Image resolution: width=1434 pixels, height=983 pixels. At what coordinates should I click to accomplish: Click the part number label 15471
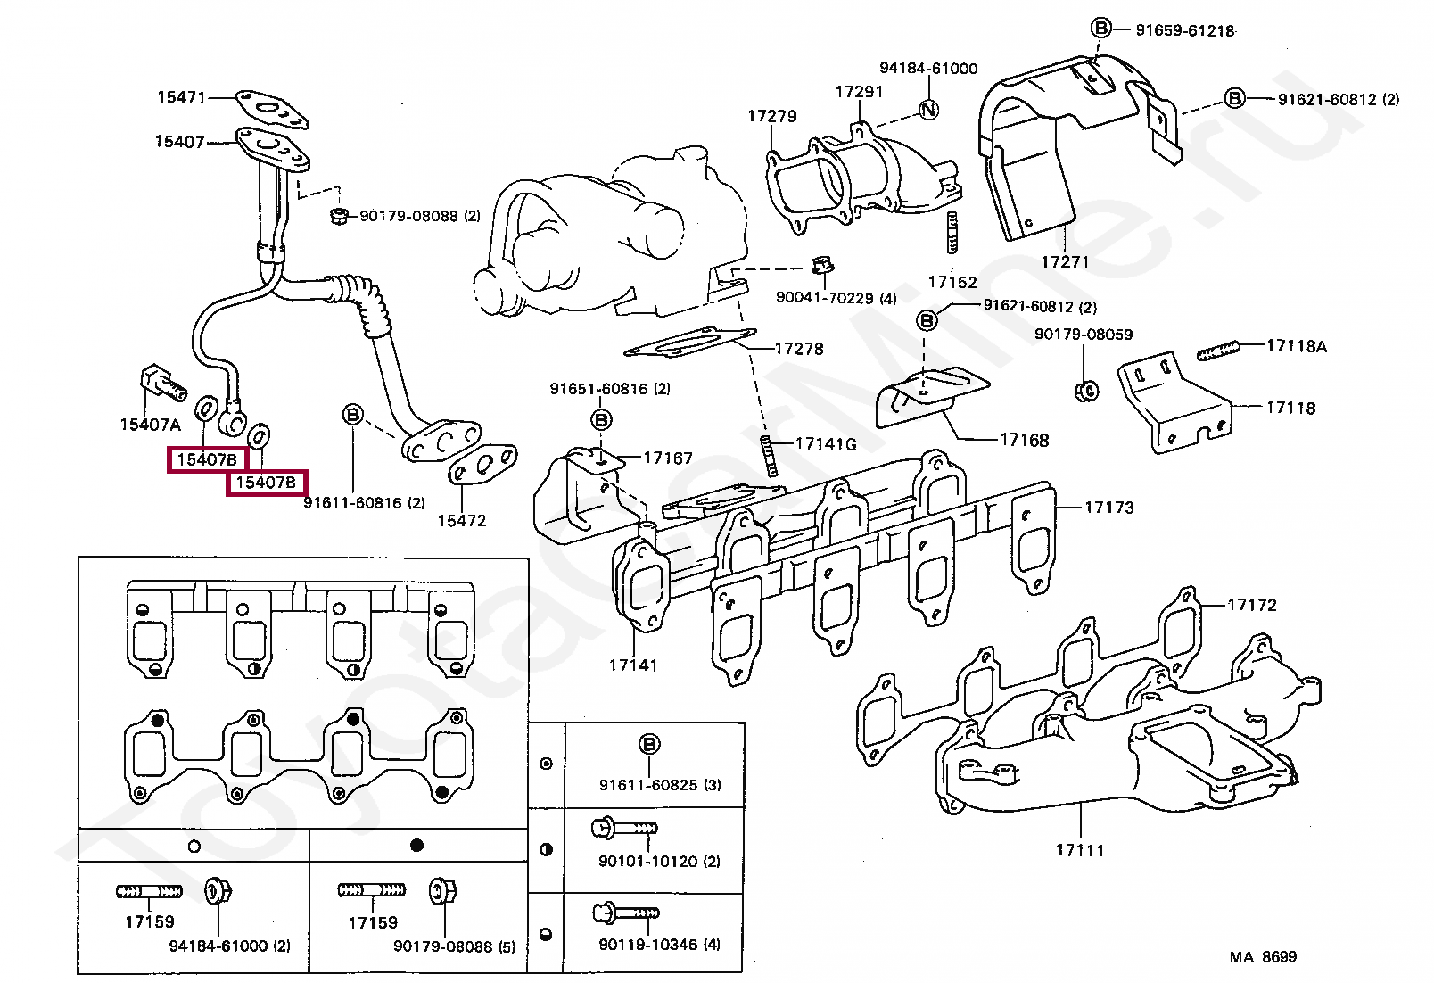click(181, 97)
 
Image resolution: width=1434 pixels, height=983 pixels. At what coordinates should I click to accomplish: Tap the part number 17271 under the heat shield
click(1065, 262)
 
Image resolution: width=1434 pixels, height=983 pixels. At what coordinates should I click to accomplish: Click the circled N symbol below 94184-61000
click(928, 110)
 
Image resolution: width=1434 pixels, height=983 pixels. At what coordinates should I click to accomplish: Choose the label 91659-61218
click(1185, 30)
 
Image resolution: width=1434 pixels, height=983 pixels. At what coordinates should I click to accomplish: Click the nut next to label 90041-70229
click(822, 264)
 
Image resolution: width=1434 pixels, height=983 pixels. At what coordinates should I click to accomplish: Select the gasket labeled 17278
click(690, 343)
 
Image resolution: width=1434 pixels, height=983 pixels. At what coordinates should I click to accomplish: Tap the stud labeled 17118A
click(1218, 351)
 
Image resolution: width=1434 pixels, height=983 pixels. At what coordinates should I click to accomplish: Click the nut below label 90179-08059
click(1085, 391)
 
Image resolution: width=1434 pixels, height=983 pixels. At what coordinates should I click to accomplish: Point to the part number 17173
click(1108, 508)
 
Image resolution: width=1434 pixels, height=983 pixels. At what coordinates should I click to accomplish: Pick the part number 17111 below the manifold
click(1080, 850)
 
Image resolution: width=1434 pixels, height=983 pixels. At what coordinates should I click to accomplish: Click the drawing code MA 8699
click(1263, 957)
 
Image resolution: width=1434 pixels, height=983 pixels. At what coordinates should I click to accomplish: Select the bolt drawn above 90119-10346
click(626, 912)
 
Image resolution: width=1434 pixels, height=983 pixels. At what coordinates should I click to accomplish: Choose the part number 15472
click(462, 521)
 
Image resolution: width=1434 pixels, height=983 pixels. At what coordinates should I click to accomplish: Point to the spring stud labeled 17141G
click(769, 455)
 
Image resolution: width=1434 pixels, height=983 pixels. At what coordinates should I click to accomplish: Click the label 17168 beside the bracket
click(1025, 440)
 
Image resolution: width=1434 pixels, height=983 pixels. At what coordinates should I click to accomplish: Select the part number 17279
click(772, 116)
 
